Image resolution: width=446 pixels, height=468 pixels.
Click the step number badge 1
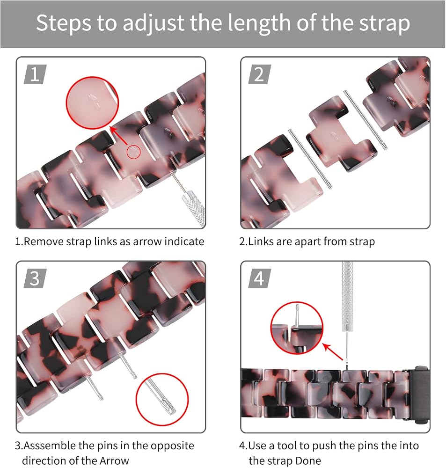[35, 74]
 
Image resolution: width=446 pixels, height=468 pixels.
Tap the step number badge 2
[259, 74]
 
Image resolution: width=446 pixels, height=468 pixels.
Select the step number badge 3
[35, 278]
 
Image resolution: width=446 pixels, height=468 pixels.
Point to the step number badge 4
[259, 278]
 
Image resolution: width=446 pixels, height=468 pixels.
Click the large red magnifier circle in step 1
[92, 102]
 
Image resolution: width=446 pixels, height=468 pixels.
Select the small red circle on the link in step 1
[133, 152]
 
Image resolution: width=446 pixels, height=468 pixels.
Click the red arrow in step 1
[119, 137]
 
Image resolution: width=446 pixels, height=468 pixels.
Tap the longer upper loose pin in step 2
[365, 119]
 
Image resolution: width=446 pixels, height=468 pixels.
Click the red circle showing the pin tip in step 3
[162, 399]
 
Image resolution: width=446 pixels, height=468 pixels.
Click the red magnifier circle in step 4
[297, 328]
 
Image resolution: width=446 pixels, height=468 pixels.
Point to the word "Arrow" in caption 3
[114, 461]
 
